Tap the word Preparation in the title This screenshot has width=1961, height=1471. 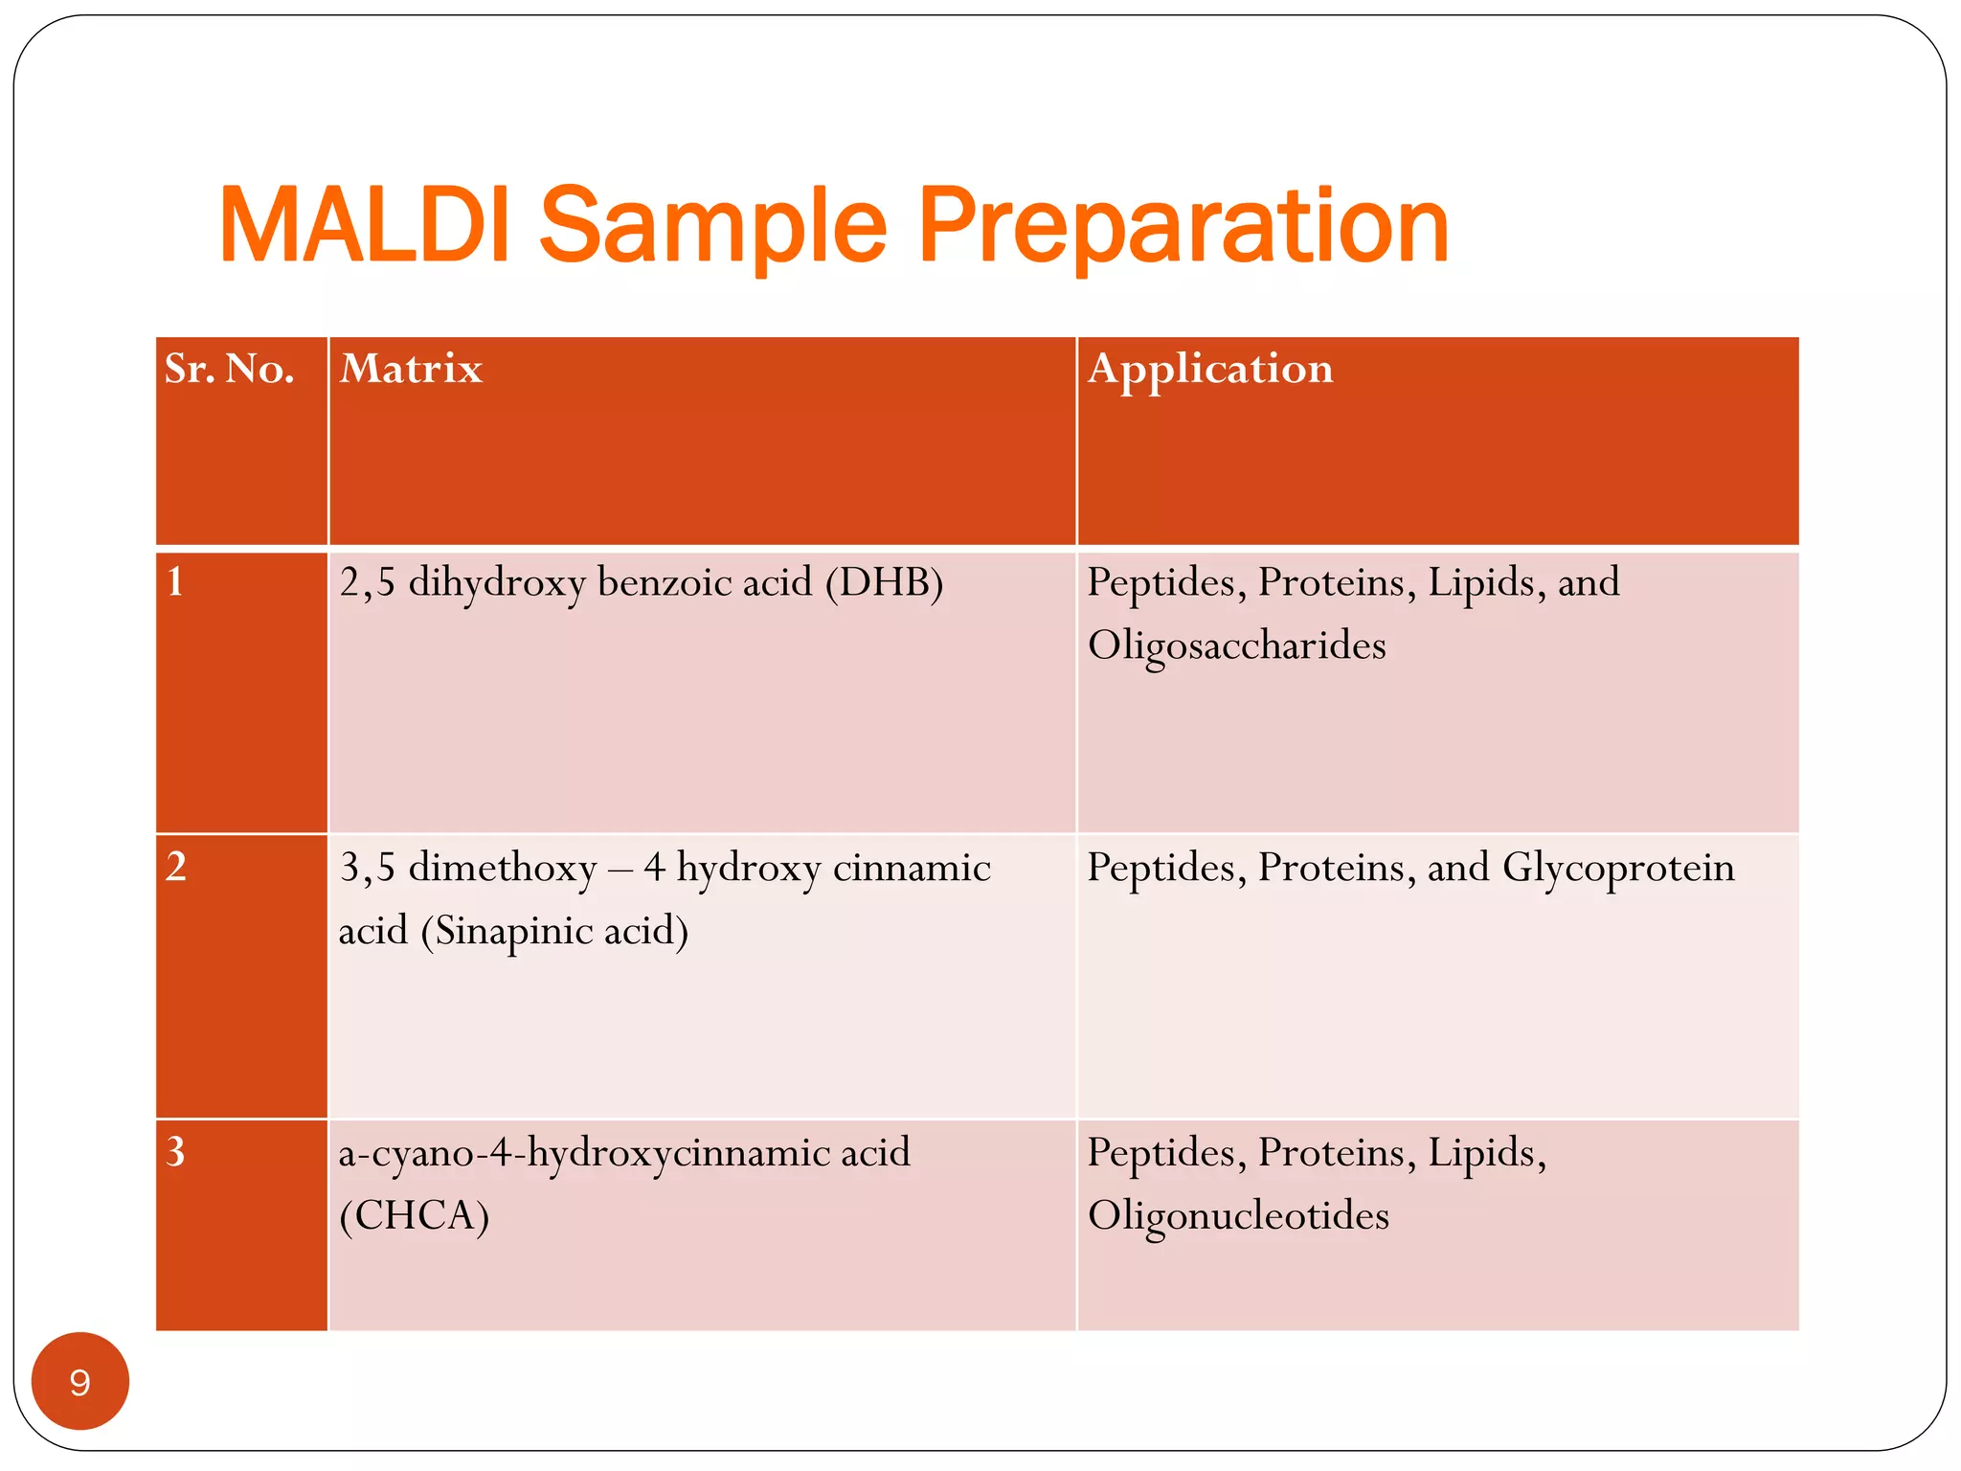pos(1183,228)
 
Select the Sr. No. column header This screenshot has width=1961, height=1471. pos(229,369)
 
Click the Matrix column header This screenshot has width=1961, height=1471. pos(411,369)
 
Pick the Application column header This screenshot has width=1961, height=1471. pos(1210,369)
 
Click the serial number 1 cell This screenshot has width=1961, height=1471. pos(175,582)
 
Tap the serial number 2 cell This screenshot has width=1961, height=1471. pos(175,867)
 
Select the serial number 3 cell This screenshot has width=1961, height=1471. pos(175,1151)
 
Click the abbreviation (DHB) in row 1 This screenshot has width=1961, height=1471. pos(884,582)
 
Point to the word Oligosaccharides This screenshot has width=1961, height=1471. pos(1236,645)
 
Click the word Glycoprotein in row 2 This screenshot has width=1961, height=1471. pos(1618,868)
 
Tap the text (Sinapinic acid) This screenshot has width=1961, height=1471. pos(554,931)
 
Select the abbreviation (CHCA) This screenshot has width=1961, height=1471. pos(414,1215)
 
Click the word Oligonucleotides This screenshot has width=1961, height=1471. pos(1238,1215)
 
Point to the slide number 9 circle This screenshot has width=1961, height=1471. pos(80,1381)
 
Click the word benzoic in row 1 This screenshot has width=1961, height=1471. pos(656,582)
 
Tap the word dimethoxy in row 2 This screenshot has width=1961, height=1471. pos(503,868)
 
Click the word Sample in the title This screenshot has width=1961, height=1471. pos(713,228)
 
